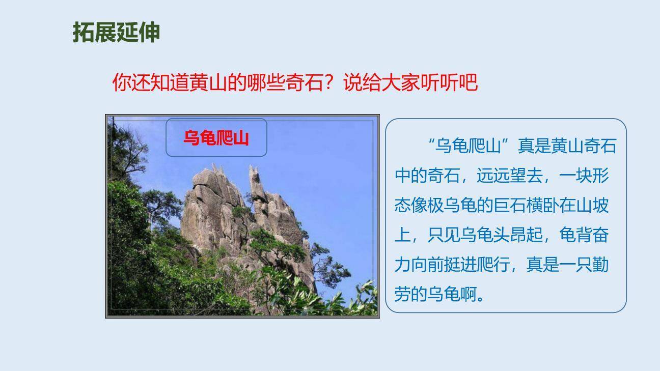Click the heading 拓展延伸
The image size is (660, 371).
[x=116, y=32]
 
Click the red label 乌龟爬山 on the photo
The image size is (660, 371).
[x=216, y=138]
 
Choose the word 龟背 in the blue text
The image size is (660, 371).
[x=576, y=235]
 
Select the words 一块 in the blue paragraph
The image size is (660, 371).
[x=576, y=176]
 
